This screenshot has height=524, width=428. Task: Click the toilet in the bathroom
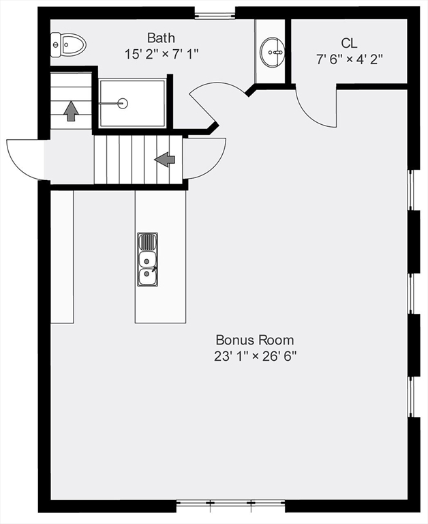(69, 45)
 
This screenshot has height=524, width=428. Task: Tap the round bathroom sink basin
(273, 50)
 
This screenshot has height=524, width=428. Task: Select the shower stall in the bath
(133, 103)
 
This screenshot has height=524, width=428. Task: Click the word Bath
(162, 37)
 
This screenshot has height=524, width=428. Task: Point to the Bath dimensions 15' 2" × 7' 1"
(162, 53)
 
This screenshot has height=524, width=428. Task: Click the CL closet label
(349, 43)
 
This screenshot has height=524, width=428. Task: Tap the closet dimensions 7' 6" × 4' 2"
(349, 59)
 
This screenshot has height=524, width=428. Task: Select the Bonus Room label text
(255, 339)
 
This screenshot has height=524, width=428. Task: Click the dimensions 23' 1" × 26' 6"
(255, 355)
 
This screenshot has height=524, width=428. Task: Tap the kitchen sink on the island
(147, 259)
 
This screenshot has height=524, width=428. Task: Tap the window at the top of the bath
(215, 14)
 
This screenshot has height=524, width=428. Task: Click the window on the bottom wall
(231, 506)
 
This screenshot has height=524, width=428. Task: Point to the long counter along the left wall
(61, 256)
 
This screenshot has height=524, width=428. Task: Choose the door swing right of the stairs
(204, 158)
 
